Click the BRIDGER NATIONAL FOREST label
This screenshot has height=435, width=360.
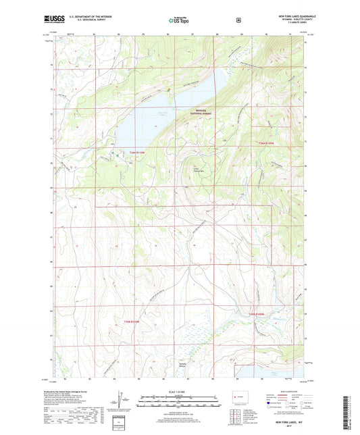pos(203,112)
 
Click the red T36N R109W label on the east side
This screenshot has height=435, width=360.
pos(269,143)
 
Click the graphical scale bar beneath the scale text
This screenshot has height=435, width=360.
pos(180,400)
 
